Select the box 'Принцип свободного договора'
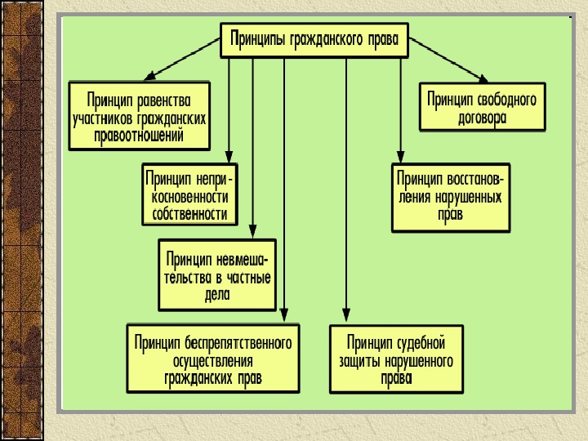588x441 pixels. (482, 107)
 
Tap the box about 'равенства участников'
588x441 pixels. (139, 115)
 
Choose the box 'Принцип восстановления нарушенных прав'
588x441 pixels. (451, 197)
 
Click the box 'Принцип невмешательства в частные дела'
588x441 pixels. (217, 274)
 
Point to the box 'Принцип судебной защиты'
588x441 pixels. (397, 359)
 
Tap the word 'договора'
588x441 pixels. (482, 117)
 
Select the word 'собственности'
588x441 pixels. (189, 214)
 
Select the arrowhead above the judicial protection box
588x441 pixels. (346, 317)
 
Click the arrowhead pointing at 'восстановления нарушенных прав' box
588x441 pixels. (400, 157)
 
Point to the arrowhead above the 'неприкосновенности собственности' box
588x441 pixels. (229, 157)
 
